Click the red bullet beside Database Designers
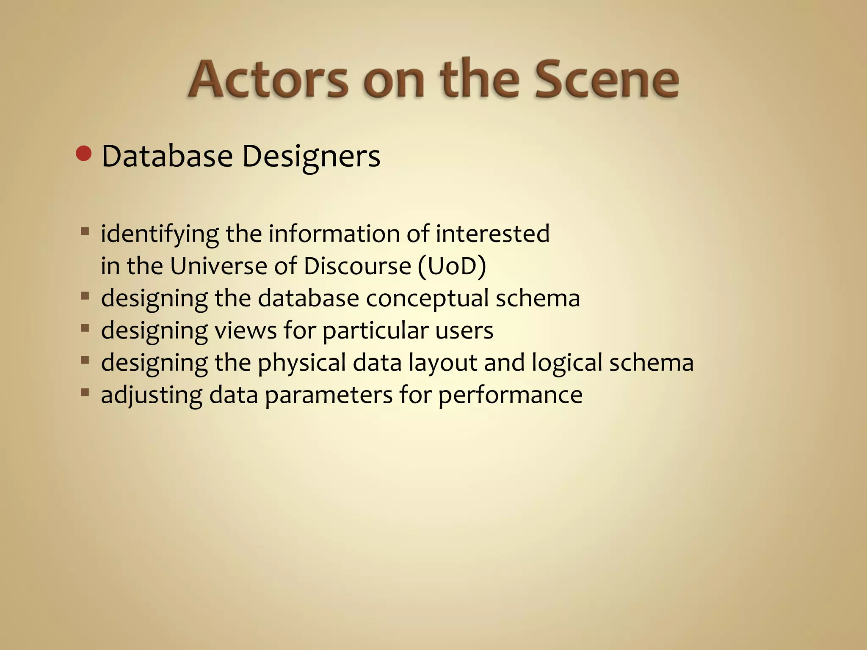[x=83, y=154]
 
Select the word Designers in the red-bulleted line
[x=311, y=156]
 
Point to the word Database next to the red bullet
[x=167, y=156]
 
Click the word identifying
[x=160, y=234]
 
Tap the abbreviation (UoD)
[x=452, y=266]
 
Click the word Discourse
[x=357, y=266]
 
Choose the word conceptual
[x=427, y=299]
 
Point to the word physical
[x=302, y=363]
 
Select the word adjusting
[x=151, y=396]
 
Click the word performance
[x=510, y=396]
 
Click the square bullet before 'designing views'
[x=85, y=328]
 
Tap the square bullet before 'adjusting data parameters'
[x=85, y=392]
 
